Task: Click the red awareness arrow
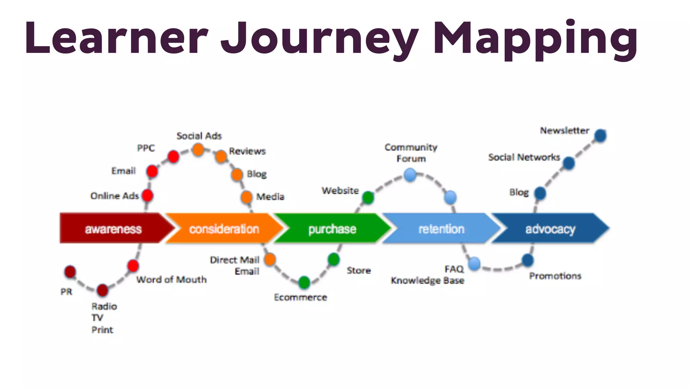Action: [113, 229]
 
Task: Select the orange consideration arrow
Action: [224, 229]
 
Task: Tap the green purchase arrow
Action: [332, 229]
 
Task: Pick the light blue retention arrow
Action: [441, 229]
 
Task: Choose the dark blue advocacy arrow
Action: [550, 229]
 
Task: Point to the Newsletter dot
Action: [600, 136]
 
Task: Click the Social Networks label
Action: [524, 157]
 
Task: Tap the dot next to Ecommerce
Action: [304, 282]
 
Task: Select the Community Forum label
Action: [411, 153]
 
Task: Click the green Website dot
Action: [368, 197]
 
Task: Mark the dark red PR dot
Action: [70, 272]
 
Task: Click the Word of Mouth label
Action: [171, 280]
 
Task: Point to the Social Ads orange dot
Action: [198, 150]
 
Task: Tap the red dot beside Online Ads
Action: [148, 195]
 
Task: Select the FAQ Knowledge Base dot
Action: [474, 263]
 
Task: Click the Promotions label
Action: [555, 276]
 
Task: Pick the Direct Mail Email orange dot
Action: [270, 259]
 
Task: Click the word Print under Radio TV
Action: [102, 330]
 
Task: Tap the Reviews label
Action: [247, 151]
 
